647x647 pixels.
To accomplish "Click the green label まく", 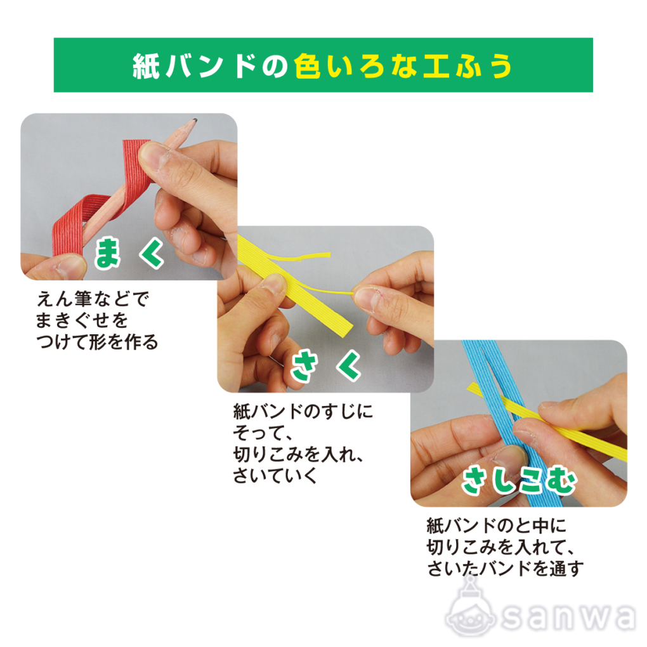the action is point(129,252).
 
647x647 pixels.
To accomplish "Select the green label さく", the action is point(326,365).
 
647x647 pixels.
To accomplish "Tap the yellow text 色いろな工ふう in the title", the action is point(403,66).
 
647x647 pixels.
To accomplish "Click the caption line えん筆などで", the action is point(93,298).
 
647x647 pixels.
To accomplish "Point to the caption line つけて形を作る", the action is point(97,342).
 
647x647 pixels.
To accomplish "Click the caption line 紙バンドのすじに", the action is point(303,412).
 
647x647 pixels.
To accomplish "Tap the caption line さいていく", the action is point(275,475).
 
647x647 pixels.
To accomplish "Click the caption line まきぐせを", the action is point(82,320).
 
